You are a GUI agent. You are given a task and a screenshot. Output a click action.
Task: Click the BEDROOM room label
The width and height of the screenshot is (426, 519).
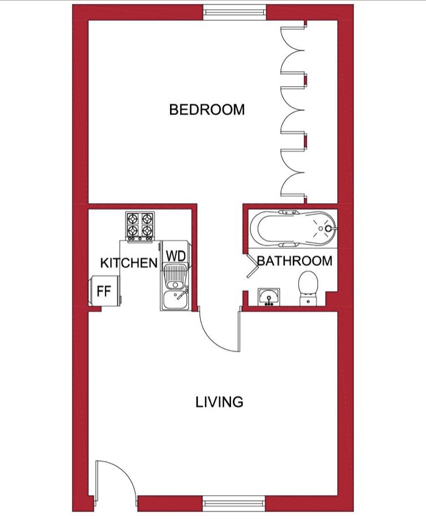[207, 109]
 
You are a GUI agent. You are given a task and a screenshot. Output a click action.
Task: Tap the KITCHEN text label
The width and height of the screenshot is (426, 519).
[128, 263]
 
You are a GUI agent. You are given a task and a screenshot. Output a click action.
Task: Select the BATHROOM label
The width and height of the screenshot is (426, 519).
[294, 261]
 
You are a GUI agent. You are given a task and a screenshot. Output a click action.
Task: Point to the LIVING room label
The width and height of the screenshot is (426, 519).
[219, 402]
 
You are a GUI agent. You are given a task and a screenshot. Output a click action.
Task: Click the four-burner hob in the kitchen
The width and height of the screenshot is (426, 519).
[140, 226]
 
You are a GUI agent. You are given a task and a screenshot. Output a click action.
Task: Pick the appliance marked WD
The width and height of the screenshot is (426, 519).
[176, 256]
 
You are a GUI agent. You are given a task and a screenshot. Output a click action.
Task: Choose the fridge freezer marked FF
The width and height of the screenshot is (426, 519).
[105, 291]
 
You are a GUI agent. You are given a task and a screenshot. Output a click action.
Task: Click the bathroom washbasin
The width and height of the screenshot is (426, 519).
[269, 296]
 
